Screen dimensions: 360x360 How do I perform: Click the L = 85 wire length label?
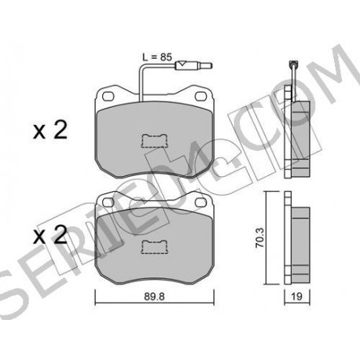(x=156, y=57)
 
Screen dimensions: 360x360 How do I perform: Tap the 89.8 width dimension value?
(x=154, y=296)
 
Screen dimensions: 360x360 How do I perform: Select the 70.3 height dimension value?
(x=260, y=237)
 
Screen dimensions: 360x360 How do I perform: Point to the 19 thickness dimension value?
(x=296, y=296)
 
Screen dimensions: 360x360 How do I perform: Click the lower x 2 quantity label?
(x=50, y=235)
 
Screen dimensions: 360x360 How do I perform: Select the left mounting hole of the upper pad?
(x=108, y=96)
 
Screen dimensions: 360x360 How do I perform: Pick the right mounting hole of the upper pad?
(x=200, y=96)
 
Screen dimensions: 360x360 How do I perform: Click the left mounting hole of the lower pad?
(x=108, y=202)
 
